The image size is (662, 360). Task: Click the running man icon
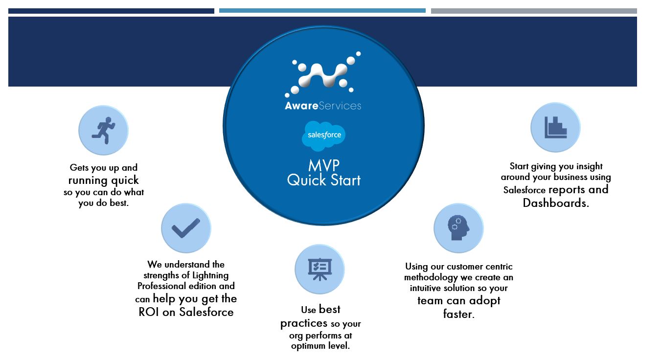103,130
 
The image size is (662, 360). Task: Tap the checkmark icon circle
186,228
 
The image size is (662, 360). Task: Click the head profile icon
458,228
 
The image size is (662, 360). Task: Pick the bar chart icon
555,127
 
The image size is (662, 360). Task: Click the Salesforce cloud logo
324,135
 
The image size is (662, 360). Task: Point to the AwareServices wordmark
323,106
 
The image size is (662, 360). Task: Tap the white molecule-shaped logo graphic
323,75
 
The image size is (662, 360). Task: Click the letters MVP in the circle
324,165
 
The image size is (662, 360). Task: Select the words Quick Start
324,180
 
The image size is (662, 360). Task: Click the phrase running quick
104,180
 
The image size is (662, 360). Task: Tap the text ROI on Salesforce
186,312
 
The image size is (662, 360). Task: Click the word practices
304,323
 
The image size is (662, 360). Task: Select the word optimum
309,346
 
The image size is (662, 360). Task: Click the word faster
458,314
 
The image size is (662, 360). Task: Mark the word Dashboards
555,202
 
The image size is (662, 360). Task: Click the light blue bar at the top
322,11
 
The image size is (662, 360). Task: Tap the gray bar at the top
534,11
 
